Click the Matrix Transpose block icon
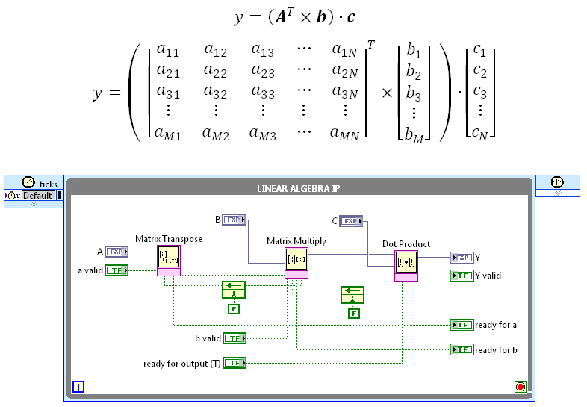point(169,258)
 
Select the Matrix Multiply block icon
point(297,260)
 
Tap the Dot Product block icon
point(406,262)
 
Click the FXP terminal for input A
point(117,252)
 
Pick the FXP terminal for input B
point(235,220)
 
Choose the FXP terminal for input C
point(350,220)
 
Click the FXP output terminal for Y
point(462,258)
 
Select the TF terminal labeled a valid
point(117,270)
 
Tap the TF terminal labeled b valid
point(235,338)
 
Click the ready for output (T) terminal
point(235,363)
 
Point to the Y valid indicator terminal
point(462,276)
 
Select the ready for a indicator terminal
point(462,325)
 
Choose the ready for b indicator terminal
point(462,349)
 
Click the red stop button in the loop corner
point(521,387)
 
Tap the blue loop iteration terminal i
point(78,387)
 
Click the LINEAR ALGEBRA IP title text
point(299,188)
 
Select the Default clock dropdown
point(37,196)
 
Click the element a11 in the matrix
point(168,51)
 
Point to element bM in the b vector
point(414,133)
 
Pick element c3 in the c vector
point(480,93)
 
